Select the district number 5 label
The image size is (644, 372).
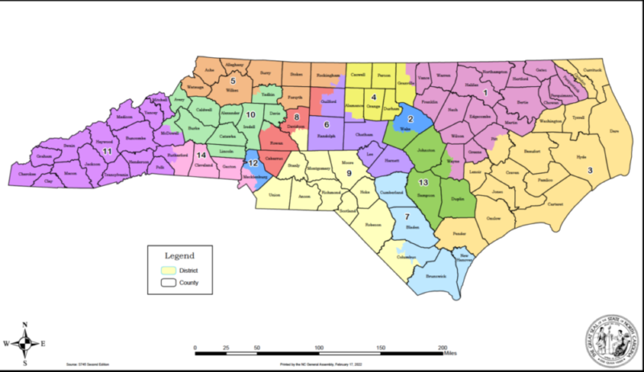point(233,81)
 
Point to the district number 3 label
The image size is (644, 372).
point(589,170)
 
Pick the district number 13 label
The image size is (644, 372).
point(424,184)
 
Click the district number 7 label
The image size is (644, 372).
point(407,217)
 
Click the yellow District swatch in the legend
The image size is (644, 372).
point(168,269)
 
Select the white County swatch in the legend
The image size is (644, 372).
point(168,283)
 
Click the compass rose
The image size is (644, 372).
point(26,343)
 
